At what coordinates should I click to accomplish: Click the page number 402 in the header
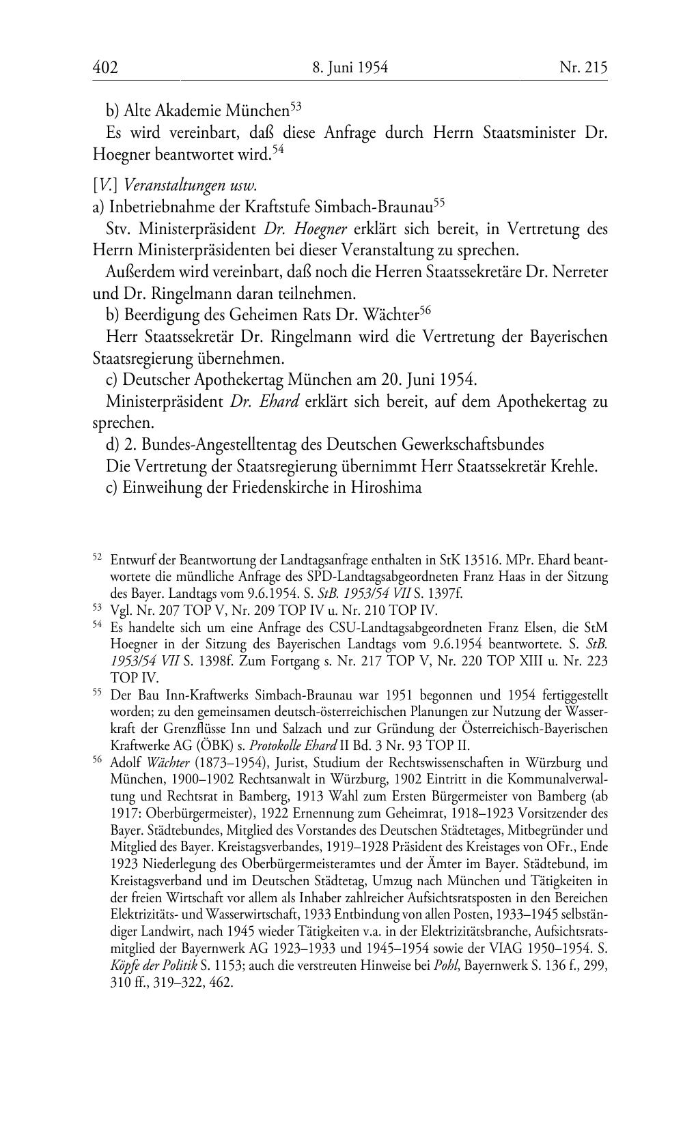point(105,68)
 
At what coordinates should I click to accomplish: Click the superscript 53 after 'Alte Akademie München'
point(296,106)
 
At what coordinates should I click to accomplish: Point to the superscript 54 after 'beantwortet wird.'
point(278,149)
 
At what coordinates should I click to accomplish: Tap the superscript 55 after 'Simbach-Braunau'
point(439,202)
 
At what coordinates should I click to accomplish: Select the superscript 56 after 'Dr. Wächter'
point(426,311)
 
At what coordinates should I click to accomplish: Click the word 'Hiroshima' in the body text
point(387,488)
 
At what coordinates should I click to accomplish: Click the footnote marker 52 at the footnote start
point(97,558)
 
